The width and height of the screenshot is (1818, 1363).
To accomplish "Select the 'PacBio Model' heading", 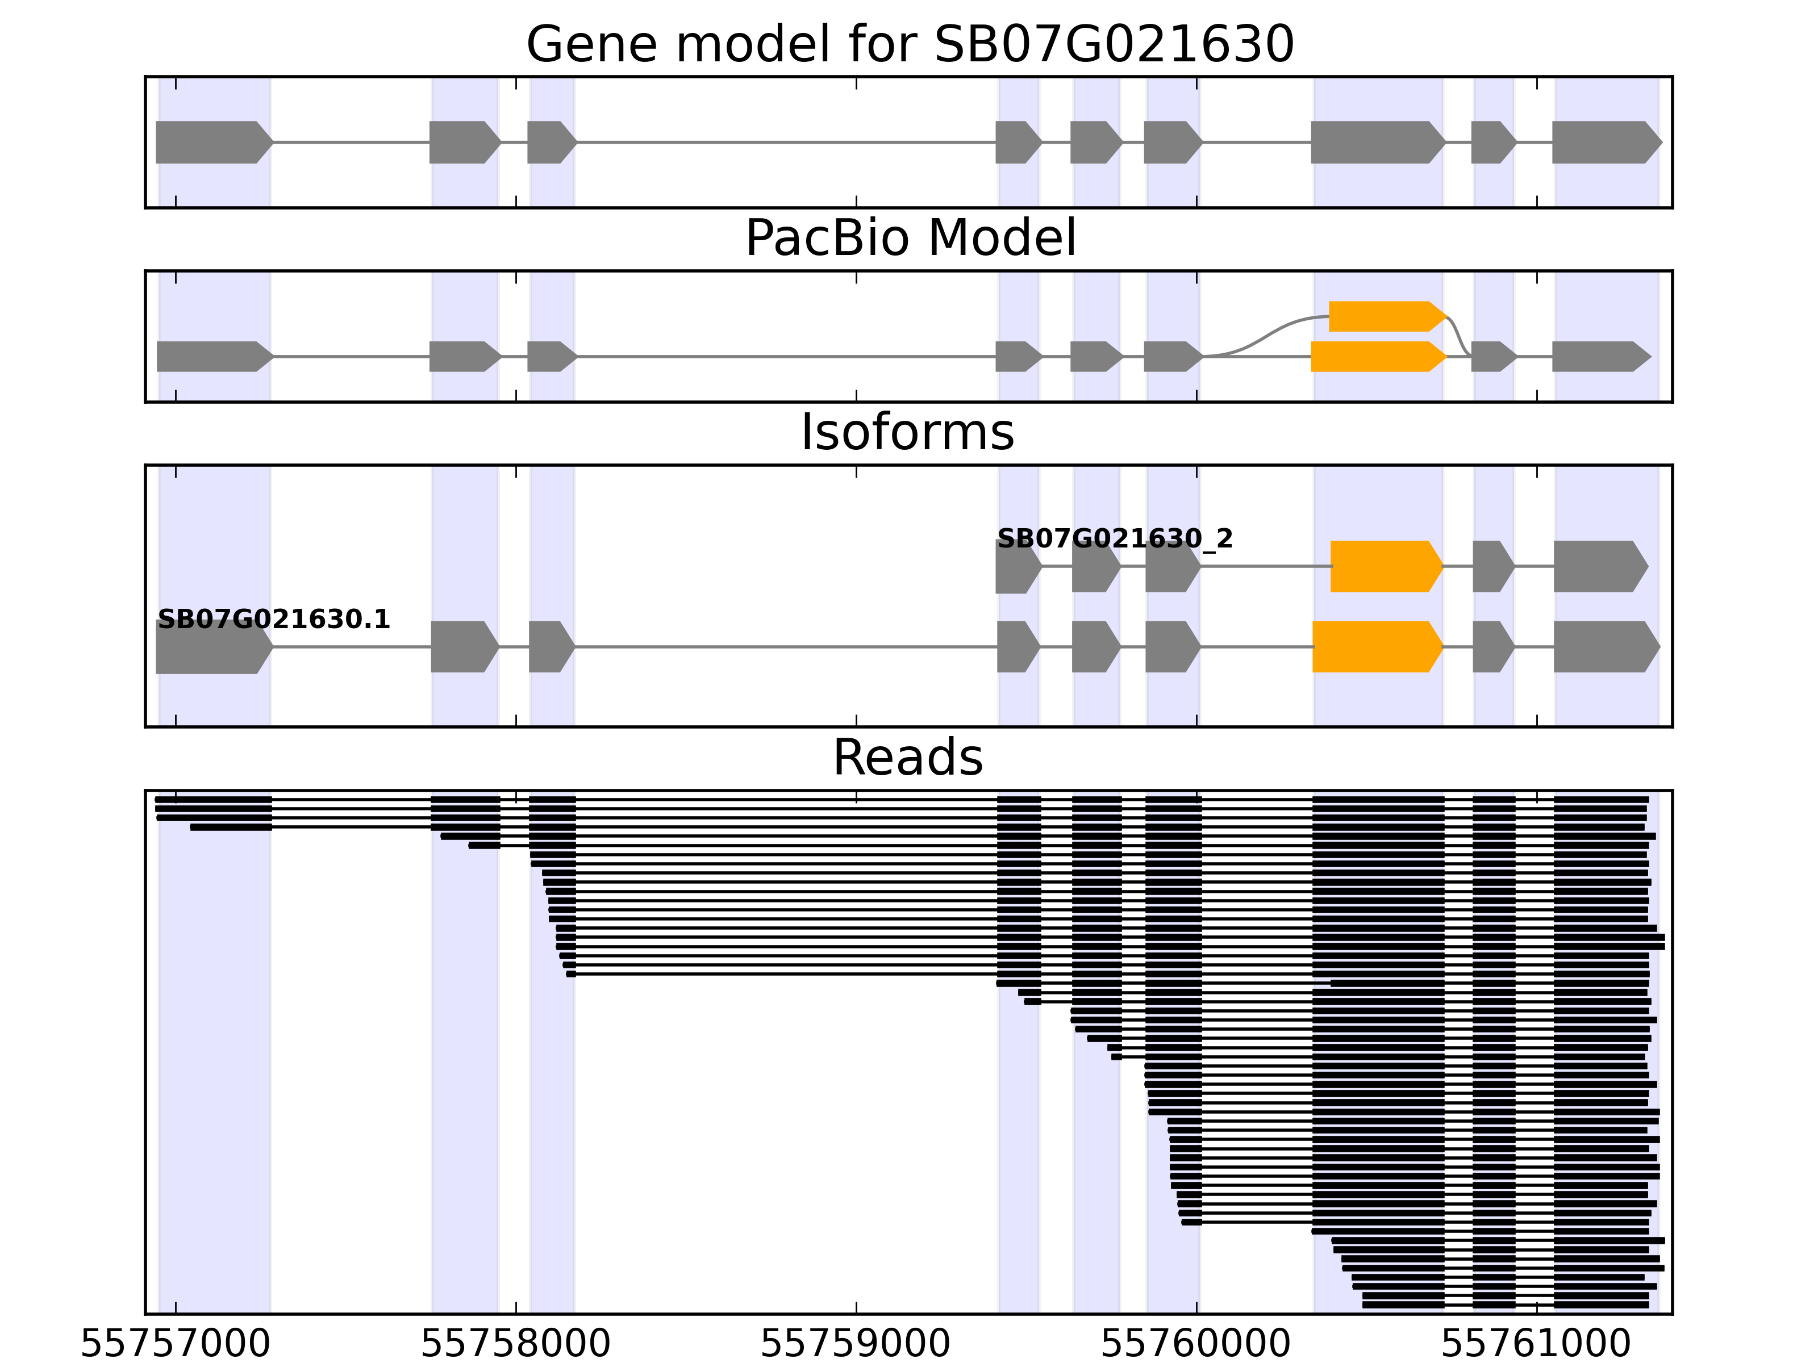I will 910,239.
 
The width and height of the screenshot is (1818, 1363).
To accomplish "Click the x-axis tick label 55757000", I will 175,1345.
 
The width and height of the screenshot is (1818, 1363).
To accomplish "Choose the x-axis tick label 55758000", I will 515,1345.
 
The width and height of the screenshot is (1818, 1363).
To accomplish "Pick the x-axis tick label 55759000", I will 856,1345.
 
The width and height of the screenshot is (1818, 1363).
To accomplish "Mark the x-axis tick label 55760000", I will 1196,1345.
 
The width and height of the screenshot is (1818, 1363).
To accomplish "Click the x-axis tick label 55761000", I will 1536,1345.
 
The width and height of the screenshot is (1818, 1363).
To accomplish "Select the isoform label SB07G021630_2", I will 1115,539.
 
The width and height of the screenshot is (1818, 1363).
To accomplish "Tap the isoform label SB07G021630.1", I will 274,620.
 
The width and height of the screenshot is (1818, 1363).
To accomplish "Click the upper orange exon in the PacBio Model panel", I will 1386,316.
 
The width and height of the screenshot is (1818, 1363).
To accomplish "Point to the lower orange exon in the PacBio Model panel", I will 1377,357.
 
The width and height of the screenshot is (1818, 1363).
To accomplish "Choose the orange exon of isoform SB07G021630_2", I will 1386,566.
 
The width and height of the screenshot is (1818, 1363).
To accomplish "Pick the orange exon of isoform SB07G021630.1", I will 1377,647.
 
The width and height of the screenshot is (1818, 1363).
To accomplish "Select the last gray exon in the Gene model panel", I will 1605,142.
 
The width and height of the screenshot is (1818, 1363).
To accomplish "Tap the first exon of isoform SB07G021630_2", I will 1017,566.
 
